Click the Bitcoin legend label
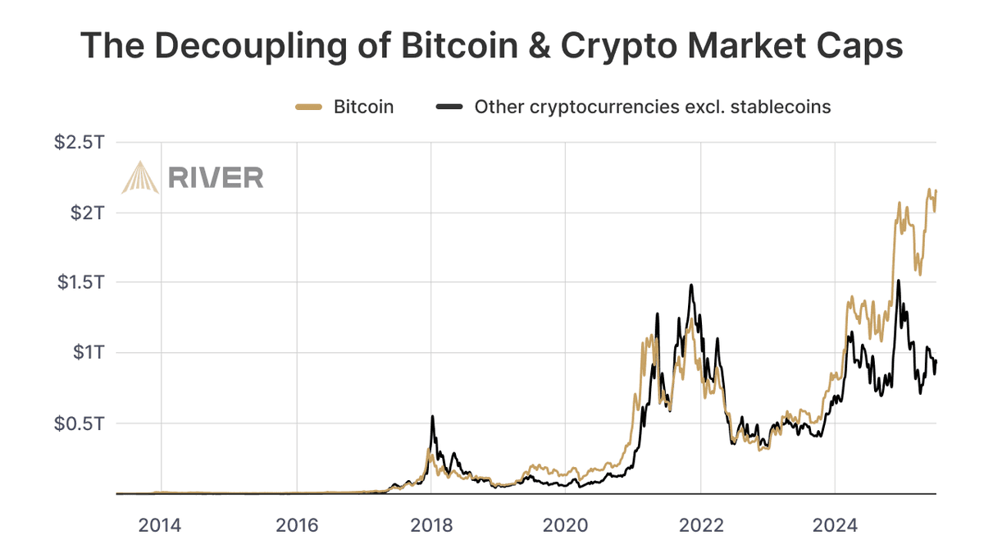coord(363,107)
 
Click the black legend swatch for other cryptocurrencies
coord(450,107)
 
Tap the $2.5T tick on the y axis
coord(80,142)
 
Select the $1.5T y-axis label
coord(80,282)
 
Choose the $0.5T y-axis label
coord(80,424)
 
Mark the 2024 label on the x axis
coord(834,524)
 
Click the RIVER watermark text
coord(216,176)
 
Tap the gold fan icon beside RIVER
coord(140,176)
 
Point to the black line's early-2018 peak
coord(432,417)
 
